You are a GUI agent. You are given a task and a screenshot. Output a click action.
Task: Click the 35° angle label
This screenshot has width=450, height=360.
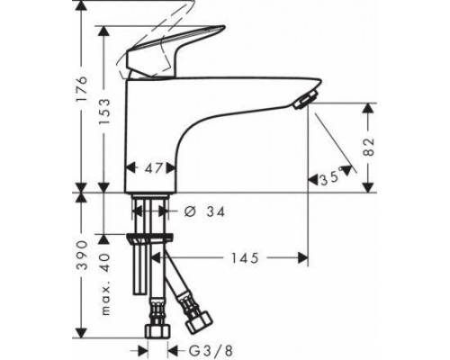[x=331, y=179]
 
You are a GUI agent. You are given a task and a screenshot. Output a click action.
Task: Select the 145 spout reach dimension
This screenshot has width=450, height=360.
[x=241, y=258]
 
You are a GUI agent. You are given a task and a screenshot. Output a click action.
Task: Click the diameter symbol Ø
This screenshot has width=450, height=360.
[x=176, y=211]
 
